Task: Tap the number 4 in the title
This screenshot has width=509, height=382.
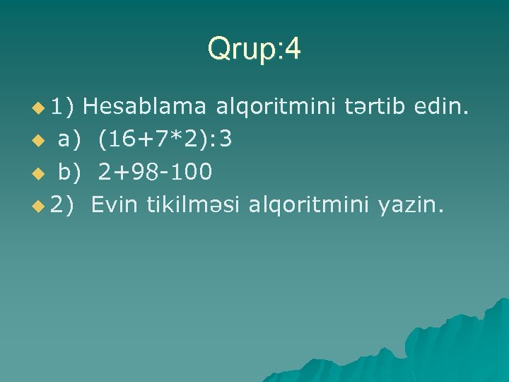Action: coord(293,50)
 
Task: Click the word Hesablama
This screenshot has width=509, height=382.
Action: coord(148,108)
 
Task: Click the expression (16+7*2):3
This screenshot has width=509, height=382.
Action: coord(165,140)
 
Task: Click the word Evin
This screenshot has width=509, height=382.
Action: coord(115,205)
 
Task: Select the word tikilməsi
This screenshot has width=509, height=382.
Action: coord(192,205)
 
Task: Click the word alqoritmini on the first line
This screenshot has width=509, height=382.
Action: coord(275,108)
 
